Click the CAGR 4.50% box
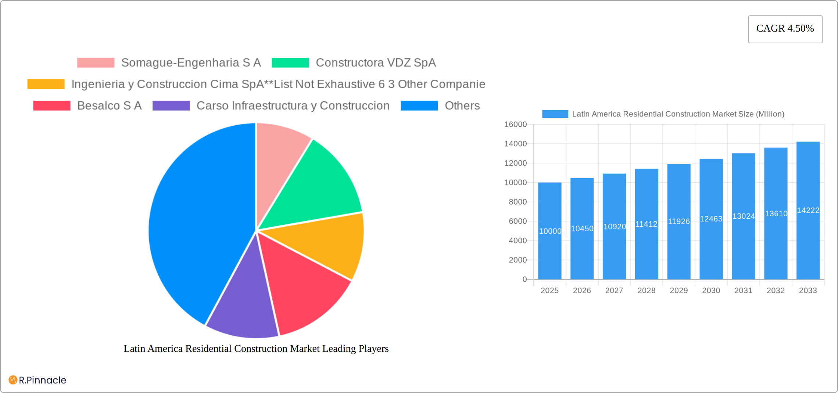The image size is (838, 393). [x=785, y=29]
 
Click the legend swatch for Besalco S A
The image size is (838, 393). [x=52, y=106]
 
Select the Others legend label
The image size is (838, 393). [x=462, y=106]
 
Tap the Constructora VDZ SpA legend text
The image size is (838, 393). [x=376, y=63]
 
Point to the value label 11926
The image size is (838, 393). [x=679, y=221]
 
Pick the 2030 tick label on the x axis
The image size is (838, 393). [x=711, y=291]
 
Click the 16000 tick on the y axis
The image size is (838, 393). [x=515, y=125]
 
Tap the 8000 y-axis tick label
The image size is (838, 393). [x=518, y=202]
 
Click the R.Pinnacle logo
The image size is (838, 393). [x=37, y=380]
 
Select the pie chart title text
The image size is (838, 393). [x=256, y=349]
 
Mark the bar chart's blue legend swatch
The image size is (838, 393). [x=555, y=114]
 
